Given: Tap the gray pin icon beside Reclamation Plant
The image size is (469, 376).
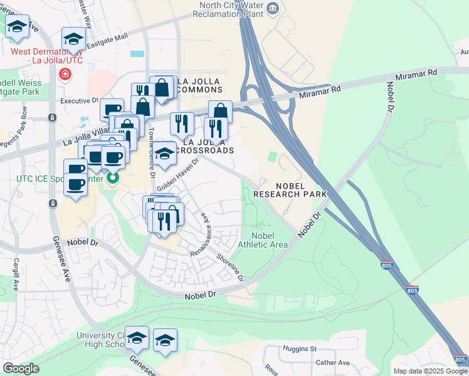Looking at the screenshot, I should [273, 8].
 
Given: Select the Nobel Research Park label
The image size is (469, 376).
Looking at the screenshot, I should [290, 191].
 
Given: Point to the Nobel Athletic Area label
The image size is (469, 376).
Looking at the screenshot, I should [265, 239].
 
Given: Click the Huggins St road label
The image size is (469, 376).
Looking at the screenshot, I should [300, 349].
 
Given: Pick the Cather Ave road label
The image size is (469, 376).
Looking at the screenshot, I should [333, 362].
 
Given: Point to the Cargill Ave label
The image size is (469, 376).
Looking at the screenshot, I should [16, 275].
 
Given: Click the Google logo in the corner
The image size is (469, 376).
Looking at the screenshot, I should [21, 368].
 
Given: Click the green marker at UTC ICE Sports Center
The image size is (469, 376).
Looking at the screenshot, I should [113, 179].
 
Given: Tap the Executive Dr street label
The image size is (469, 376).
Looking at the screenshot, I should [80, 100].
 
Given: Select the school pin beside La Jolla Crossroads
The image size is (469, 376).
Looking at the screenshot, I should [164, 154].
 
